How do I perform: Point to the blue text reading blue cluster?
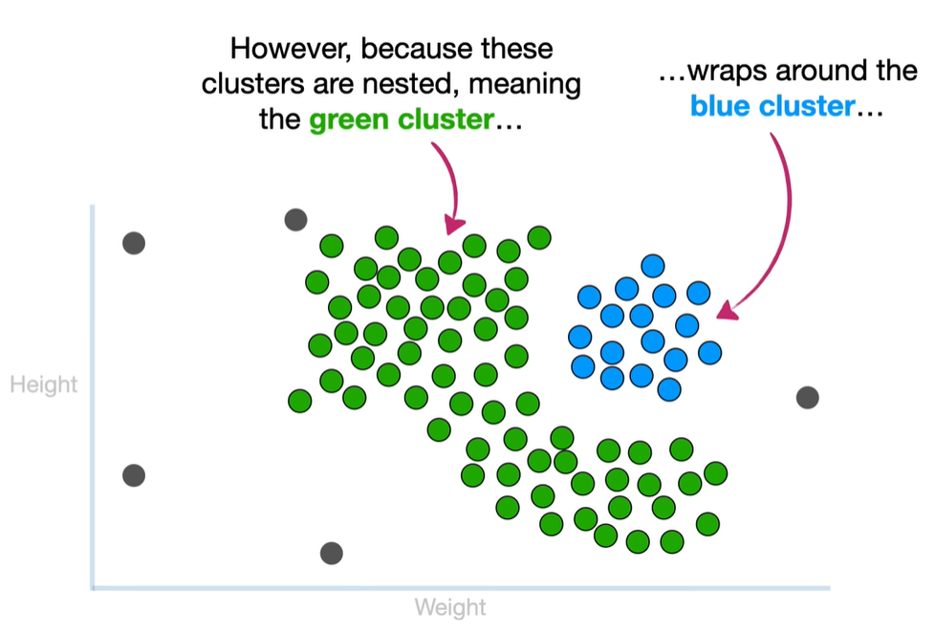(772, 106)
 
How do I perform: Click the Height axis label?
(43, 385)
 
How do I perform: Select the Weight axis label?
(449, 607)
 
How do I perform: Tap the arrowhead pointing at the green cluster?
(454, 226)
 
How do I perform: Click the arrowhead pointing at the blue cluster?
(728, 311)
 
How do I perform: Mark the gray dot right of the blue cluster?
(808, 397)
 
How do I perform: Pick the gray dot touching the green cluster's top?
(296, 221)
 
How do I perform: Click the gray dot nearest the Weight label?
(331, 553)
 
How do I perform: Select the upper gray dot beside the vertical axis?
(134, 243)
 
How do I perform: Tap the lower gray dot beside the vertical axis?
(134, 474)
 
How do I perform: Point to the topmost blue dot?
(653, 265)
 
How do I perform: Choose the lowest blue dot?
(669, 389)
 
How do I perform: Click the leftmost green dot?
(300, 400)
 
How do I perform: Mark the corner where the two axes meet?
(93, 587)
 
